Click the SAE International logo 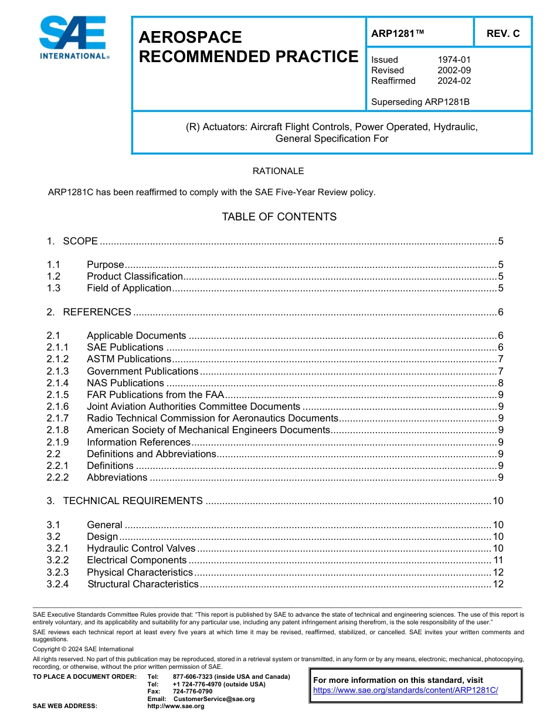(x=73, y=38)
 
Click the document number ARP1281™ (x=397, y=33)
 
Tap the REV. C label (x=502, y=33)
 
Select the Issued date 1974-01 (x=454, y=60)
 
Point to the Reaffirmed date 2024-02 (x=454, y=81)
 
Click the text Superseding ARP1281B (x=420, y=102)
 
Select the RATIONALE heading (x=278, y=171)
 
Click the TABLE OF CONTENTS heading (x=279, y=217)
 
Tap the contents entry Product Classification (x=135, y=276)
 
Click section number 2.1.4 (x=57, y=383)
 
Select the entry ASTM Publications (x=129, y=359)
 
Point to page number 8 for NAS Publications (x=500, y=383)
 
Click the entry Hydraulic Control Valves (x=141, y=549)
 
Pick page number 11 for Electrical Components (x=498, y=560)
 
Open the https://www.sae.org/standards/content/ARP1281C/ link (x=405, y=690)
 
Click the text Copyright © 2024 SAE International (x=83, y=649)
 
